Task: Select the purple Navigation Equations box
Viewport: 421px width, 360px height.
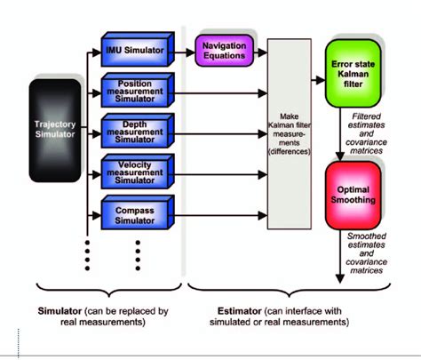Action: [x=224, y=51]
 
